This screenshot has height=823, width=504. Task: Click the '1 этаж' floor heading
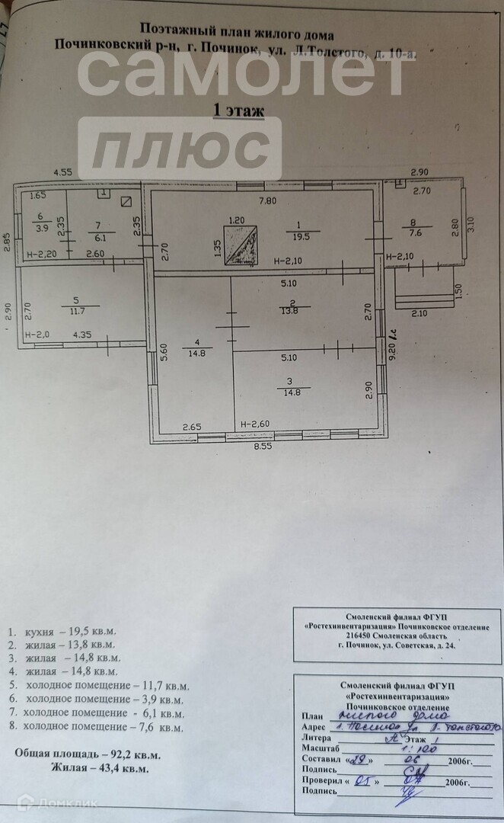pos(239,111)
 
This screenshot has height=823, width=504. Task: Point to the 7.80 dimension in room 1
pos(266,201)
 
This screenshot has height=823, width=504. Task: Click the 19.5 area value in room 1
pos(302,235)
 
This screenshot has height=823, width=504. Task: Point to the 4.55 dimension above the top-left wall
pos(63,173)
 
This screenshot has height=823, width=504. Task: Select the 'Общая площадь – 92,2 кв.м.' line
pos(88,754)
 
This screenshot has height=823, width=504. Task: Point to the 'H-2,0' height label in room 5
pos(37,334)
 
